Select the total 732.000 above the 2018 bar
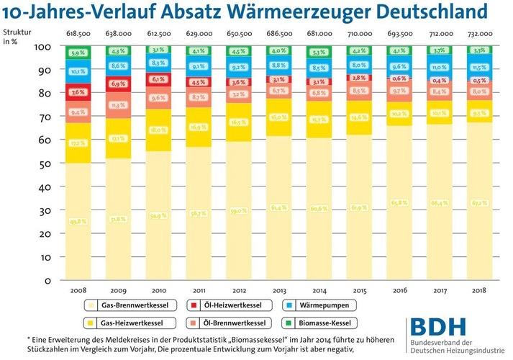pyautogui.click(x=476, y=34)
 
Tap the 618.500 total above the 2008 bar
pyautogui.click(x=78, y=34)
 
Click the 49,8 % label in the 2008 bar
pyautogui.click(x=78, y=222)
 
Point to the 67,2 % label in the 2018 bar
pyautogui.click(x=476, y=202)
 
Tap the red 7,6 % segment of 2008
pyautogui.click(x=78, y=92)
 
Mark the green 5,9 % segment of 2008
pyautogui.click(x=78, y=53)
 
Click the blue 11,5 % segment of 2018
pyautogui.click(x=476, y=68)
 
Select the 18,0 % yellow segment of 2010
pyautogui.click(x=158, y=130)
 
